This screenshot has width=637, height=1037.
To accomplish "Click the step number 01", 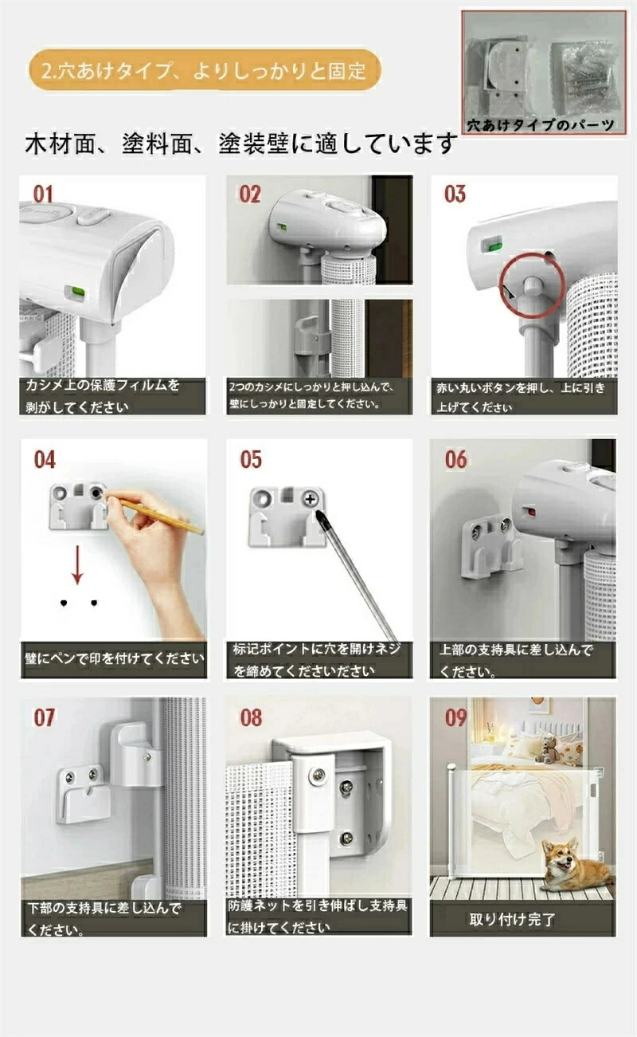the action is point(44,194).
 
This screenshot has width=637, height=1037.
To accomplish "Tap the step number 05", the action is point(251,460).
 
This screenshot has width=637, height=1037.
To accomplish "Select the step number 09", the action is point(455,718).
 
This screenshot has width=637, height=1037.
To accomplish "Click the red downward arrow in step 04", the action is point(78,564).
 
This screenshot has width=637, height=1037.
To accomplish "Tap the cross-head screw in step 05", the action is point(311,500).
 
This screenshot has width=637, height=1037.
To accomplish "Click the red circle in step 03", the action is point(533,285).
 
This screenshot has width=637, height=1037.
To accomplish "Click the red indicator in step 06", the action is point(530,512).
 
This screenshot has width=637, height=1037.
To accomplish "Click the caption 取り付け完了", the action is point(512,919).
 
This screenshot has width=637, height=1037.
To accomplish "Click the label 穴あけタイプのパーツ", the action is point(541,125).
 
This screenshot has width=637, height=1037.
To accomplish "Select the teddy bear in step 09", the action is point(550,751).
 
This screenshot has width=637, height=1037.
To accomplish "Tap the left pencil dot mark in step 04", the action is point(64,603).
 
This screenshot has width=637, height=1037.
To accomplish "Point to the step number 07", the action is point(45,718).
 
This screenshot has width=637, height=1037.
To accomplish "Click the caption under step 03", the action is point(522,398).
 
